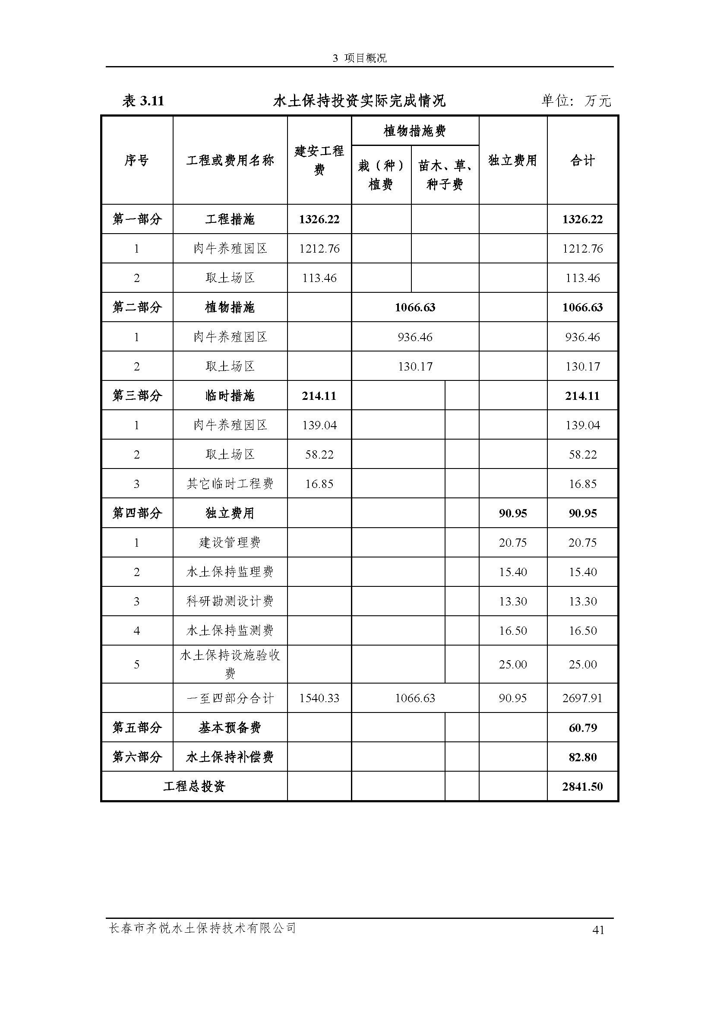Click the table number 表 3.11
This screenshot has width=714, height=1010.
(143, 101)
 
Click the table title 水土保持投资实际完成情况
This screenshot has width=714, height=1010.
(359, 101)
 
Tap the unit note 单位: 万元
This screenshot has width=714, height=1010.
(576, 101)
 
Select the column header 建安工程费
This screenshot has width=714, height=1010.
(319, 160)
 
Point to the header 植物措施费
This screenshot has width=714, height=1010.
(414, 131)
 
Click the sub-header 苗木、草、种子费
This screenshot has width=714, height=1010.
(445, 174)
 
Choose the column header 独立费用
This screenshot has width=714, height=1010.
(513, 160)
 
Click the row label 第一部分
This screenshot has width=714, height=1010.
(137, 219)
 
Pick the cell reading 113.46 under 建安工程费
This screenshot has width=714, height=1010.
(319, 278)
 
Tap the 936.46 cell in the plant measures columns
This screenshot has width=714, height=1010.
(414, 337)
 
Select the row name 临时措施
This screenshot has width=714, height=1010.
(230, 396)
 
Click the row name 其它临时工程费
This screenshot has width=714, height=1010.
(230, 484)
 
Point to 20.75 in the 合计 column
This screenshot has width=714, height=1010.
(582, 542)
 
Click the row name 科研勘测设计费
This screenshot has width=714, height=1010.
(230, 602)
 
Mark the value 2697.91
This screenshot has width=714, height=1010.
(582, 698)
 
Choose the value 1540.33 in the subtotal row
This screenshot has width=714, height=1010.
(319, 698)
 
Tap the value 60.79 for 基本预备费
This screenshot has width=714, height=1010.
(582, 728)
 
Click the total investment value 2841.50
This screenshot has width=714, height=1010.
(582, 786)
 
